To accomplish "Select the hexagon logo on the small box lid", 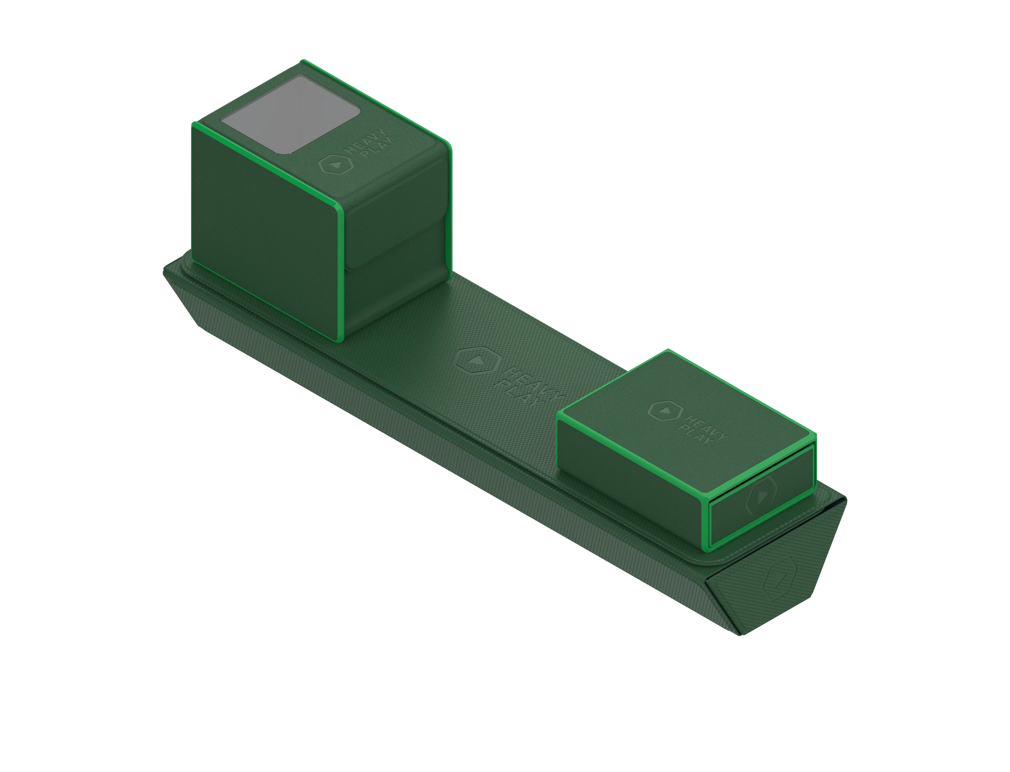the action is [664, 410].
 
